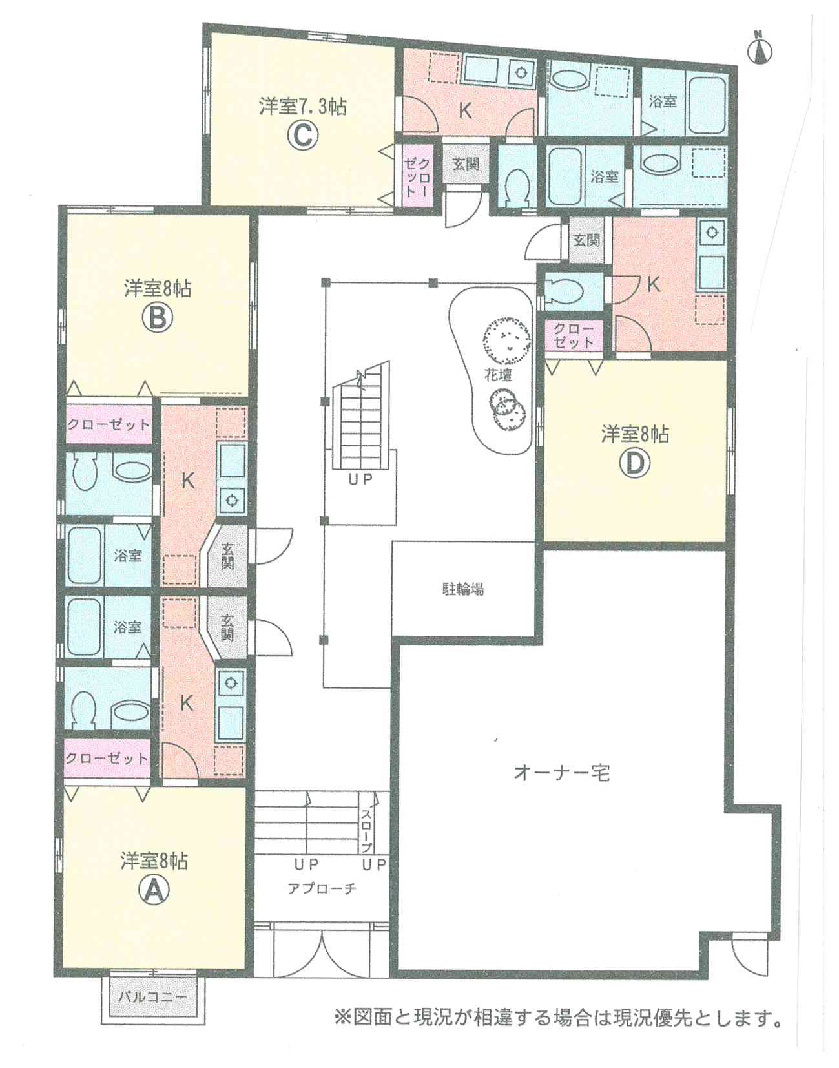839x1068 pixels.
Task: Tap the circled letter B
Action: (157, 319)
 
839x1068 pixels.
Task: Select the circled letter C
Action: (302, 135)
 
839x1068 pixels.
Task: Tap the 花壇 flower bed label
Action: (498, 375)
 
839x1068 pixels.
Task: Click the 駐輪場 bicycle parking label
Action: (462, 589)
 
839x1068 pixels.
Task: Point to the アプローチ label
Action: (322, 888)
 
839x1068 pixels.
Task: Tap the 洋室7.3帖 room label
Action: (302, 106)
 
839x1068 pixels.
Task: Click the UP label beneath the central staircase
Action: (360, 479)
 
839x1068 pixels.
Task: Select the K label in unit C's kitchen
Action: (464, 111)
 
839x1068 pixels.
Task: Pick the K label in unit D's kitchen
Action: (654, 284)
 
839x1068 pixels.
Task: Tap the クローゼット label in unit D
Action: (574, 335)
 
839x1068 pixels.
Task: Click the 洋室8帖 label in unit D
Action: (635, 434)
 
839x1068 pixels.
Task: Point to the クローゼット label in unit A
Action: (107, 758)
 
